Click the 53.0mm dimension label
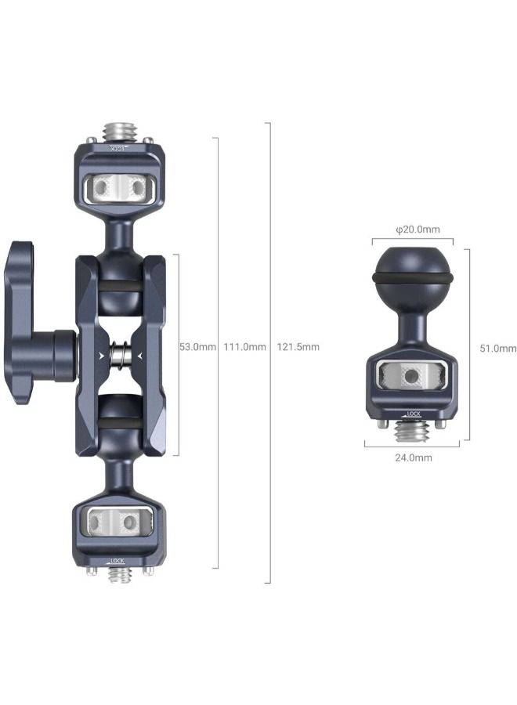197,347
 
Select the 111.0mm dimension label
244,347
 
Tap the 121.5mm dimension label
298,347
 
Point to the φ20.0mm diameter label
418,230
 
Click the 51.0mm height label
497,349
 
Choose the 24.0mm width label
412,457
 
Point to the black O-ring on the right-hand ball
412,280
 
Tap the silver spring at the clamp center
120,356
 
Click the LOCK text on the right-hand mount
416,414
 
